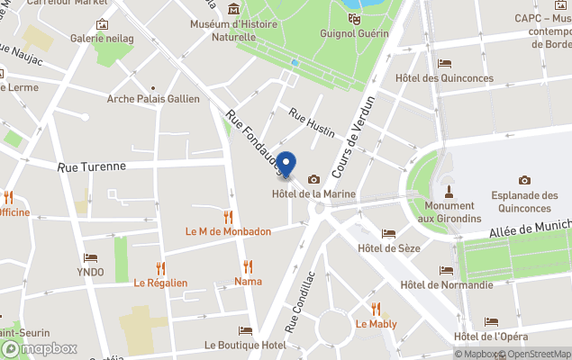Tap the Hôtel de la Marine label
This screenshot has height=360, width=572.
coord(313,194)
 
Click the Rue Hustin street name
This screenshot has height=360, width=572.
coord(311,123)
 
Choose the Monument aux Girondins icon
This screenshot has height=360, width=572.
coord(448,191)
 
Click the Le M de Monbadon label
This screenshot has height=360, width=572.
coord(228,231)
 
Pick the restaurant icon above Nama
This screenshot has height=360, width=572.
coord(248,266)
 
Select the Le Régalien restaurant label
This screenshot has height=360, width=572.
coord(160,283)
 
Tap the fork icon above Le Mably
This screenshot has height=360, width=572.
coord(376,309)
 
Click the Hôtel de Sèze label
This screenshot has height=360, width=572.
coord(388,248)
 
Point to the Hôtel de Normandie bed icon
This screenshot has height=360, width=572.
coord(445,270)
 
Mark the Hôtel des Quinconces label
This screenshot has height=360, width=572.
coord(443,78)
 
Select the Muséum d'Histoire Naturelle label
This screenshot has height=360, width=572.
coord(233,31)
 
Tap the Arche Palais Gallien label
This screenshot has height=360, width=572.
coord(153,99)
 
